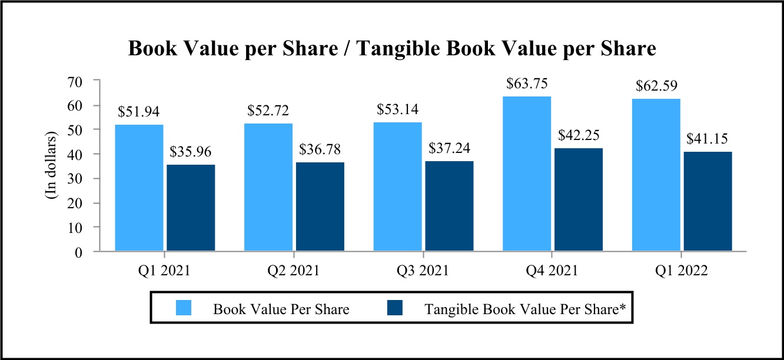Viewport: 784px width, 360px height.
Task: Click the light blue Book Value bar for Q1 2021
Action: pos(139,188)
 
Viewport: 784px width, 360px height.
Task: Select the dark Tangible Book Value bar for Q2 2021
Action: pos(320,206)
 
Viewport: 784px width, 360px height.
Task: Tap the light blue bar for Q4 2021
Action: pos(527,174)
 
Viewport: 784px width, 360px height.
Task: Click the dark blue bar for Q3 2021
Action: pos(449,206)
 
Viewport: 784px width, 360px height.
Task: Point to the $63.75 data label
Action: pos(526,84)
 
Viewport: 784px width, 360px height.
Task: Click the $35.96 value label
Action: pos(191,151)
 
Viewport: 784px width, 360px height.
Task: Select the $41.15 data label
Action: pos(708,139)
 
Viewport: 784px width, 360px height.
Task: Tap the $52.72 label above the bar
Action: pos(268,110)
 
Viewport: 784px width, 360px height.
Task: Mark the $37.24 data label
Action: pos(449,148)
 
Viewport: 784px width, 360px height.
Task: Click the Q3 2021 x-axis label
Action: pos(422,271)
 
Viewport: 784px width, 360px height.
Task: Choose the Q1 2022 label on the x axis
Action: pos(681,271)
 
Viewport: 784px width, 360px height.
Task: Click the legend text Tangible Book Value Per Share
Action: pos(520,309)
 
